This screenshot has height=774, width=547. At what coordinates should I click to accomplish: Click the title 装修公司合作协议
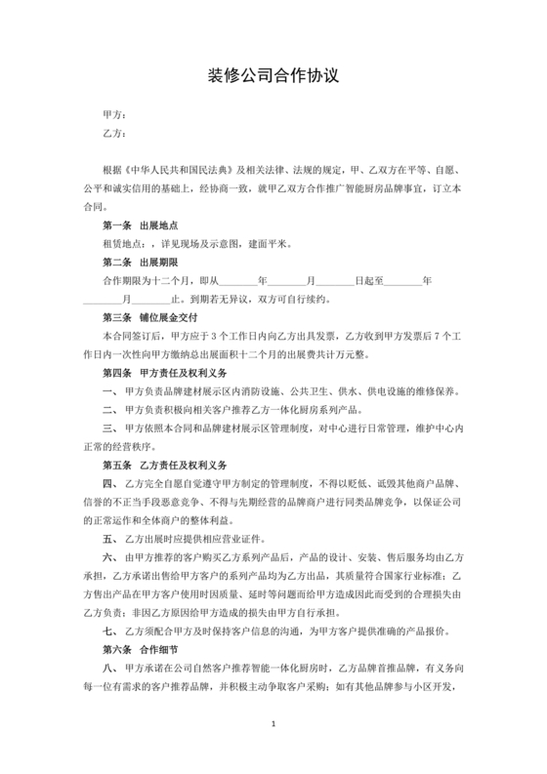[273, 75]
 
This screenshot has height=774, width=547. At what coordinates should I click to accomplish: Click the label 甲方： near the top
[115, 115]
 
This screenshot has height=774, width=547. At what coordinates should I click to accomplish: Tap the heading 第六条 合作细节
[140, 649]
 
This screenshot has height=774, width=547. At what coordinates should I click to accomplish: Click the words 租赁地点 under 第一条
[122, 243]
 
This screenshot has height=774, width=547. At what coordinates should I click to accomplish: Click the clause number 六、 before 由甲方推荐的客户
[110, 556]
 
